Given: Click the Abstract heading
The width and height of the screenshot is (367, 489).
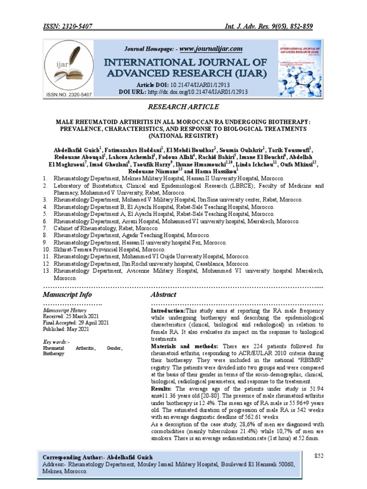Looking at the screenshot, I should coord(163,295).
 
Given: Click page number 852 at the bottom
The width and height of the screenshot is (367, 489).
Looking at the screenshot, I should coord(319,456).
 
